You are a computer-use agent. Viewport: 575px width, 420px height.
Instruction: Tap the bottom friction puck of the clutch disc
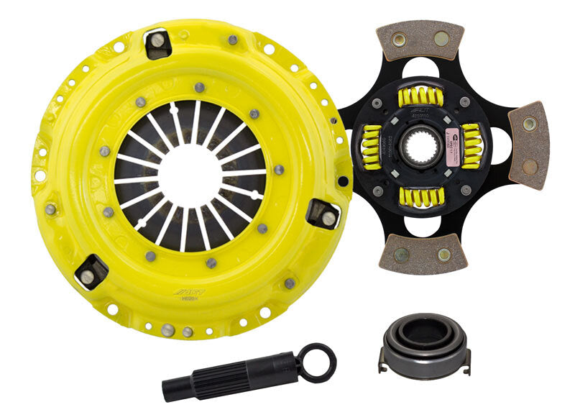point(423,254)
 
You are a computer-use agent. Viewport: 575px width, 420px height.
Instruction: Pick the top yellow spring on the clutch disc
point(425,95)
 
